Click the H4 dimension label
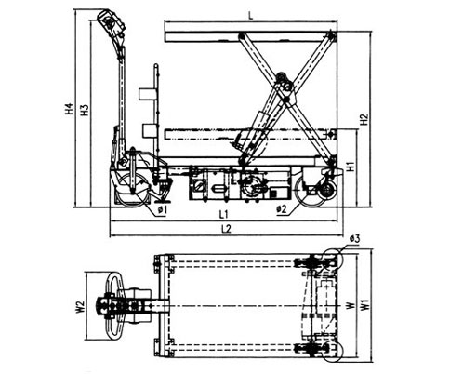(70, 109)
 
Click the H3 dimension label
(85, 110)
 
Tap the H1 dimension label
(351, 167)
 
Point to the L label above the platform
(251, 16)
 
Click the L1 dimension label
(223, 214)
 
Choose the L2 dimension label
(226, 229)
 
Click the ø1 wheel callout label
(163, 209)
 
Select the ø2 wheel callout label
(282, 209)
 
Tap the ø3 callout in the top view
(354, 239)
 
